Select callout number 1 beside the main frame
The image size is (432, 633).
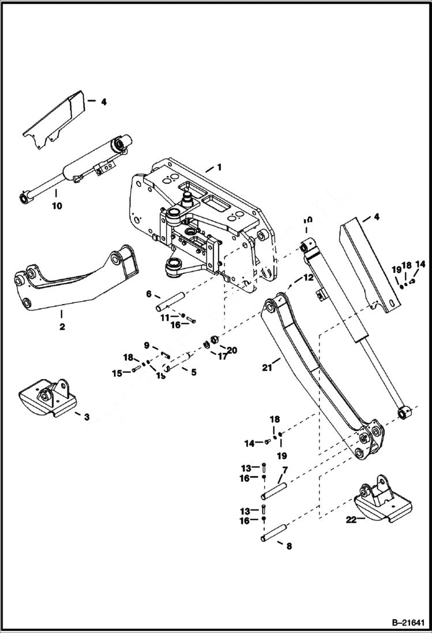219,167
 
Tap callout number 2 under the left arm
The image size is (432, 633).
62,326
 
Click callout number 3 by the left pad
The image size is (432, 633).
86,416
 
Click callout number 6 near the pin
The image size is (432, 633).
149,294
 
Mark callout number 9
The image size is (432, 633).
146,345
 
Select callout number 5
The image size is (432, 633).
193,372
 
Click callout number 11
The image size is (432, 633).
165,317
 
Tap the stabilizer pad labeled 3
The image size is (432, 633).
46,398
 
